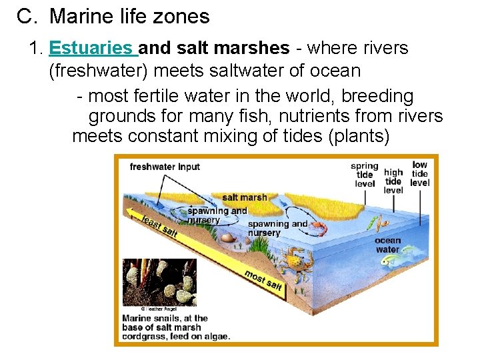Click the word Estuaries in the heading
[x=91, y=49]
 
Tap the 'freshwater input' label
[x=164, y=167]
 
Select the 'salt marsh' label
[x=244, y=197]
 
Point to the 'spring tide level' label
[x=364, y=175]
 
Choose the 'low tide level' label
[x=420, y=173]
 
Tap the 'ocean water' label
[x=387, y=245]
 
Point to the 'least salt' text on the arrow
[x=159, y=225]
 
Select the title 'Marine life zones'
[x=129, y=16]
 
